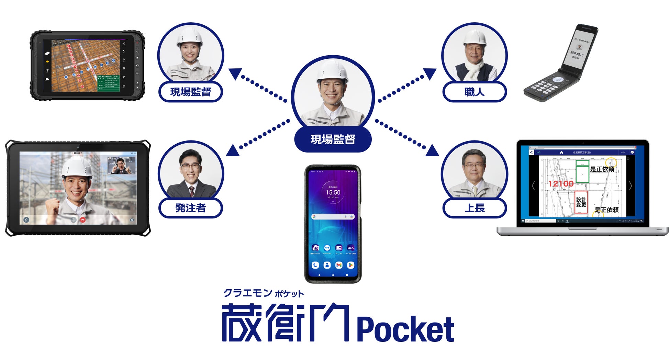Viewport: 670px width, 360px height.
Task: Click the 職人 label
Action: pyautogui.click(x=474, y=92)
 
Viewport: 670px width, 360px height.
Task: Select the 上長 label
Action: pyautogui.click(x=474, y=208)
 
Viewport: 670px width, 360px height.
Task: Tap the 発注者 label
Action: pyautogui.click(x=190, y=208)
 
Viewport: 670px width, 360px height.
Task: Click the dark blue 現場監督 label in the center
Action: pyautogui.click(x=333, y=139)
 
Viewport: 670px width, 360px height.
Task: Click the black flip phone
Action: pyautogui.click(x=560, y=64)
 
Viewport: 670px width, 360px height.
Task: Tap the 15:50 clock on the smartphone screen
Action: pyautogui.click(x=333, y=192)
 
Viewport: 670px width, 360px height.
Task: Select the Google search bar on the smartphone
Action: pyautogui.click(x=333, y=217)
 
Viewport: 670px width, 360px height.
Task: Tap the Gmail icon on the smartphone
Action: pyautogui.click(x=339, y=265)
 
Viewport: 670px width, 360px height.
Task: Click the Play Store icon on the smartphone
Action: pyautogui.click(x=350, y=265)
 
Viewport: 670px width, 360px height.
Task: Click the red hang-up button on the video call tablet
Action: pyautogui.click(x=82, y=220)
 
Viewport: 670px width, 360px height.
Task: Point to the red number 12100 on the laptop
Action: pyautogui.click(x=561, y=184)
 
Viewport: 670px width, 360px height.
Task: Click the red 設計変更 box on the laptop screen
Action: pyautogui.click(x=581, y=202)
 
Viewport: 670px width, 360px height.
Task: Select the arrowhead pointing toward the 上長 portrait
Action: pyautogui.click(x=433, y=150)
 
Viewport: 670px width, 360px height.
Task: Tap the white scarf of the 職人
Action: pyautogui.click(x=474, y=71)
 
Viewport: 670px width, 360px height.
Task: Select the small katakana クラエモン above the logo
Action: pyautogui.click(x=247, y=293)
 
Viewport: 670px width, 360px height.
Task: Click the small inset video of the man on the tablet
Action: pyautogui.click(x=121, y=166)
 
